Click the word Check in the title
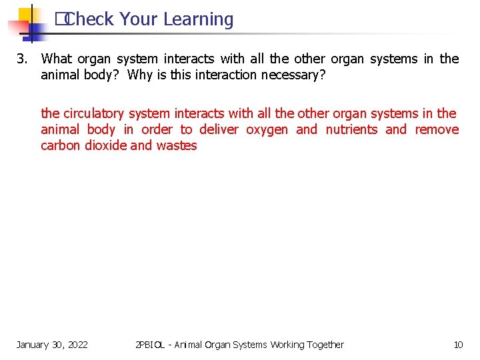(90, 20)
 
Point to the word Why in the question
(140, 75)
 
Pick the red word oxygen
(267, 129)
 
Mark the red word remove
(437, 129)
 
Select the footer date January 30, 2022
(52, 345)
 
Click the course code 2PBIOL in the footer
(150, 345)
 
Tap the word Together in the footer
(323, 345)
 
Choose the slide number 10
(458, 345)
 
